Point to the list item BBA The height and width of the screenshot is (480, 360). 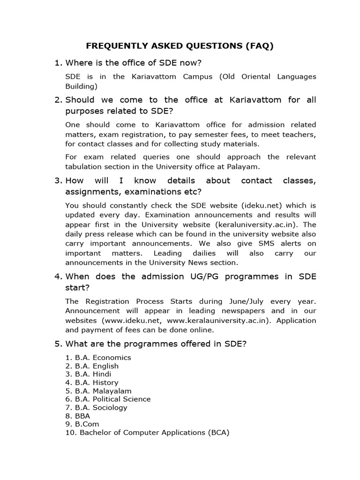(x=82, y=416)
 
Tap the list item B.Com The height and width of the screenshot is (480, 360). (x=84, y=424)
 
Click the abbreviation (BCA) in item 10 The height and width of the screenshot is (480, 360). (x=218, y=433)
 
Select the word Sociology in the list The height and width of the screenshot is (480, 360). (x=110, y=407)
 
